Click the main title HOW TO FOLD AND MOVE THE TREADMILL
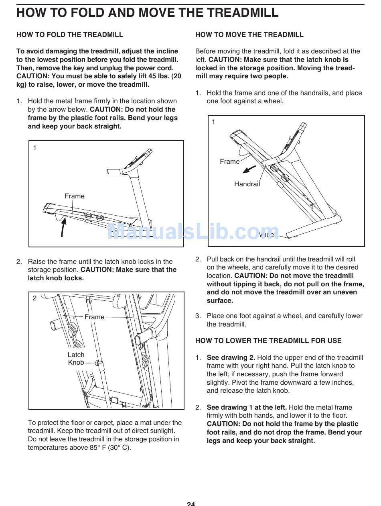click(x=147, y=13)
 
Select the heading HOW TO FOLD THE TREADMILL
click(x=70, y=35)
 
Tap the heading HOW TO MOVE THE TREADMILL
click(x=249, y=35)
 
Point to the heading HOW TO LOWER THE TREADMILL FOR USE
click(x=268, y=341)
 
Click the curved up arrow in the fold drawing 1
click(x=63, y=227)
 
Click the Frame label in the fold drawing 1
click(x=75, y=196)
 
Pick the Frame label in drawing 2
click(x=94, y=317)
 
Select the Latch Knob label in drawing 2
click(x=76, y=359)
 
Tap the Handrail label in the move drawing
click(x=247, y=184)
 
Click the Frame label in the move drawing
click(x=230, y=161)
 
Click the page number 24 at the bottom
click(x=190, y=503)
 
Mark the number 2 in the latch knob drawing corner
click(x=34, y=298)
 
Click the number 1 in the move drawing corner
click(x=213, y=122)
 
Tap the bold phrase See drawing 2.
click(x=231, y=357)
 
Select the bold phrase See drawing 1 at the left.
click(x=246, y=407)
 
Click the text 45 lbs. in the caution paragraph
click(x=159, y=76)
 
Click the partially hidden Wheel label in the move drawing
click(x=268, y=235)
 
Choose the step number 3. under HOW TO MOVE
click(x=198, y=316)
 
